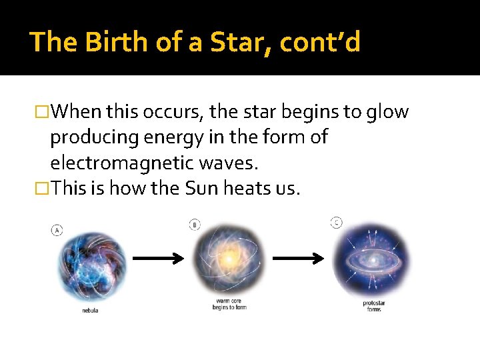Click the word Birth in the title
pos(106,42)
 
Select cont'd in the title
pos(320,42)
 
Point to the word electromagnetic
pos(129,163)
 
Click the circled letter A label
pos(57,230)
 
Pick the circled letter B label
pos(195,225)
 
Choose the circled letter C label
pos(337,221)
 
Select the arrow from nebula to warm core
pos(157,259)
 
